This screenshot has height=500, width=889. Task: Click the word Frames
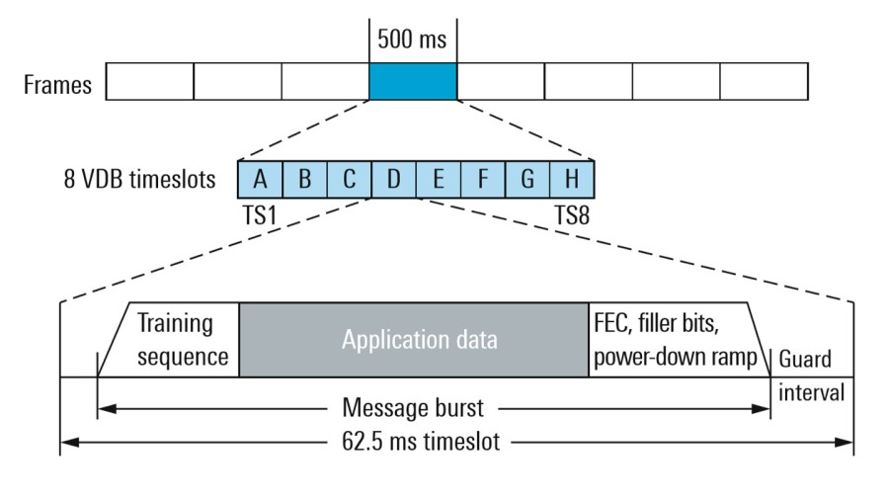(57, 85)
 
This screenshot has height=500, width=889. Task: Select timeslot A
(260, 181)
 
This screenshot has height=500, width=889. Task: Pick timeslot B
(304, 181)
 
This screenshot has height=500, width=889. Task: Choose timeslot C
(349, 181)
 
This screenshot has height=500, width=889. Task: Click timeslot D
(393, 181)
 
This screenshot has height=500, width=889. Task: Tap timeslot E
(438, 181)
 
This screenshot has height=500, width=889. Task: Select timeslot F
(482, 181)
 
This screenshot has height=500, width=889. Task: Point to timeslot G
(526, 181)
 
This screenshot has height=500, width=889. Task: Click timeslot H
(571, 181)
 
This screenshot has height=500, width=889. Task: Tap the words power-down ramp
(681, 357)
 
